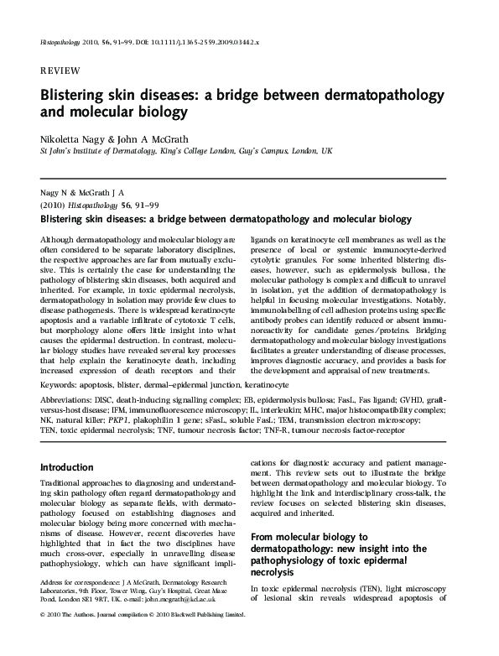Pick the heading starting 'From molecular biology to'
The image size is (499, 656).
[x=310, y=536]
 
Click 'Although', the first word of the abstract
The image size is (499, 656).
[x=58, y=240]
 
